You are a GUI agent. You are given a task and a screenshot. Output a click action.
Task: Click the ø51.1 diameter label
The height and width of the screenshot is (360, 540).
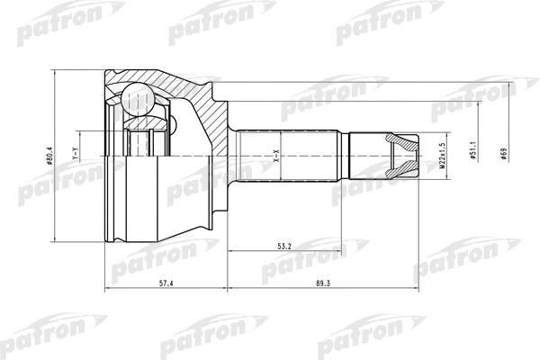472,155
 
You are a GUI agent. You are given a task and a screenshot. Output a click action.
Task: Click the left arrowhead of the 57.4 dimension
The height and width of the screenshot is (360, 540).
110,290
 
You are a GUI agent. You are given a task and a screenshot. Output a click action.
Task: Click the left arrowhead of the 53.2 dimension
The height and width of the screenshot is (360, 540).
229,249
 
